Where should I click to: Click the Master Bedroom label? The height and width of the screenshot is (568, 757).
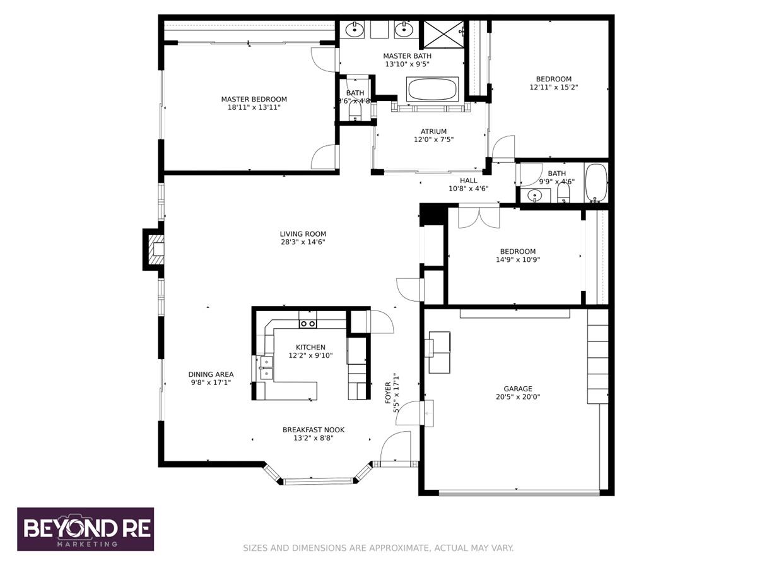pyautogui.click(x=254, y=99)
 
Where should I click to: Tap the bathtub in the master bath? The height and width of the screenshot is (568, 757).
pyautogui.click(x=433, y=89)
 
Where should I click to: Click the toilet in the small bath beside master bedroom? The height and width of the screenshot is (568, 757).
pyautogui.click(x=355, y=112)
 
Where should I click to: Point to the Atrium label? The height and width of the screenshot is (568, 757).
pyautogui.click(x=433, y=131)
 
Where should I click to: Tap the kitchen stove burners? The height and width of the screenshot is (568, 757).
pyautogui.click(x=307, y=323)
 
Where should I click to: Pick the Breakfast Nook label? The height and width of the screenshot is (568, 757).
pyautogui.click(x=314, y=430)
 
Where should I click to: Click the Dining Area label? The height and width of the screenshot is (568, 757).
pyautogui.click(x=211, y=374)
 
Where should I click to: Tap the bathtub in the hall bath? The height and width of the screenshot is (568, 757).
pyautogui.click(x=596, y=183)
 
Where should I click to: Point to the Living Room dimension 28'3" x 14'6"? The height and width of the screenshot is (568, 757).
pyautogui.click(x=303, y=242)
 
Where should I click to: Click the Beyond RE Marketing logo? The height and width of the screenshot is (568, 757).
pyautogui.click(x=85, y=529)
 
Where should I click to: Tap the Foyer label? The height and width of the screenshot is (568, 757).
pyautogui.click(x=389, y=393)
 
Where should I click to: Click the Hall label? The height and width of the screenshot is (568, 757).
pyautogui.click(x=468, y=180)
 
